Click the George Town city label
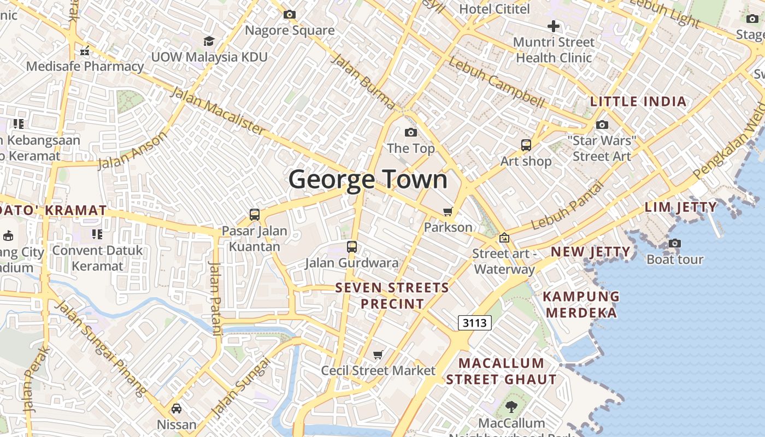[368, 179]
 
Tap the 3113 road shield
[474, 323]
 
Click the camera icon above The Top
[410, 132]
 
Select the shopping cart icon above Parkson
[448, 211]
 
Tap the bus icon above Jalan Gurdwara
[352, 247]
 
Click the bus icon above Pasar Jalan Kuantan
[255, 215]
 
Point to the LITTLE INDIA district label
[638, 102]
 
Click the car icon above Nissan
[176, 409]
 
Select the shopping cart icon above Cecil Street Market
[378, 355]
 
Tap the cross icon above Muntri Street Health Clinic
[554, 26]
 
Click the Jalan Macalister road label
[217, 111]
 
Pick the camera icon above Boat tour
[675, 243]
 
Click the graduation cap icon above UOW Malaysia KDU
[209, 41]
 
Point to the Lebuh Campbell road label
[496, 82]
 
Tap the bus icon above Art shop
[526, 145]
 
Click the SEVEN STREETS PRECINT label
[392, 296]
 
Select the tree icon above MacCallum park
[511, 406]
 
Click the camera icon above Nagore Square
[290, 15]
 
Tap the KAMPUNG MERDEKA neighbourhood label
[581, 305]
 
